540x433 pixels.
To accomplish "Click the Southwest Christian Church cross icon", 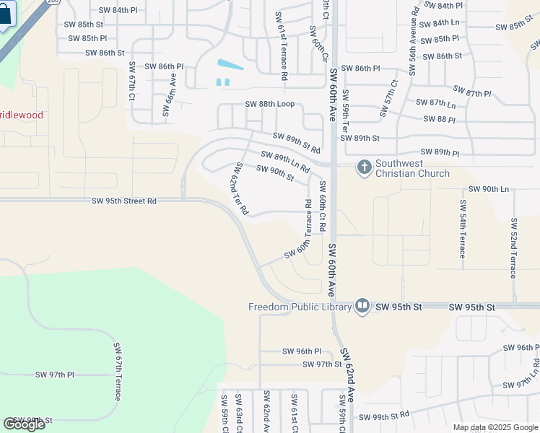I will coord(365,167).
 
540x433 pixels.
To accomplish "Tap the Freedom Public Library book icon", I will coord(362,307).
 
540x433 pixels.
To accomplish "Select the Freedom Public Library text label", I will coord(300,307).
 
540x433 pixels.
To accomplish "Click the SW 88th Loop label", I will coord(269,104).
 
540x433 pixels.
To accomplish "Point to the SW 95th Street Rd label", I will coord(124,201).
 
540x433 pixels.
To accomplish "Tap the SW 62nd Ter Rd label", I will coord(240,189).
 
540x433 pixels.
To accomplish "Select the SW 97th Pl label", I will coord(55,375).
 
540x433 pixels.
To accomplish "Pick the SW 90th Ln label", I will coord(489,189).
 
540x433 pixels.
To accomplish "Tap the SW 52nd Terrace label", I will coord(513,248).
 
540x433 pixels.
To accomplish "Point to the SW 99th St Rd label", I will coord(384,416).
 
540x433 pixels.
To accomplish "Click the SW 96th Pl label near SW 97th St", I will coord(302,351).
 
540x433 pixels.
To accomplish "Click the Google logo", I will coord(24,424).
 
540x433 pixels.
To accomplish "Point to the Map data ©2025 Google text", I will coord(495,427).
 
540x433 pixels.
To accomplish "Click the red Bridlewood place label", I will coord(22,115).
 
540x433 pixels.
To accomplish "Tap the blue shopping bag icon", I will coord(6,16).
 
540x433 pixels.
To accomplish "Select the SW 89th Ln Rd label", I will coord(285,162).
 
